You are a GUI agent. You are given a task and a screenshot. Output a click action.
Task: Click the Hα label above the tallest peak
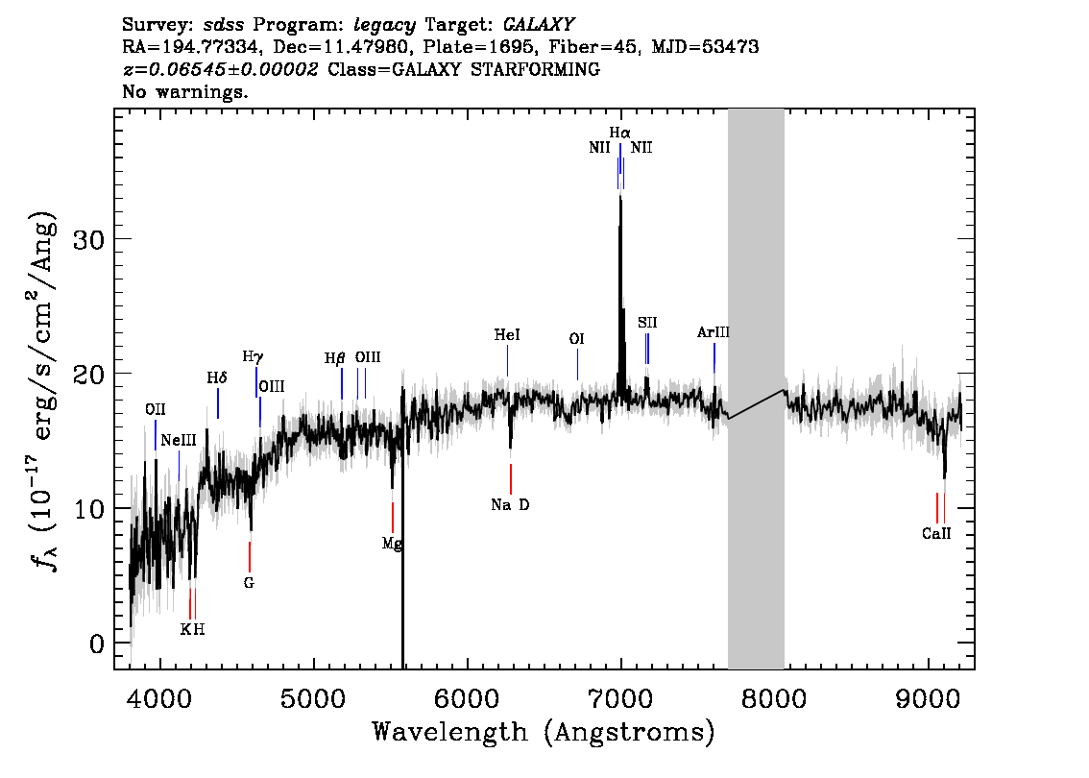pyautogui.click(x=620, y=133)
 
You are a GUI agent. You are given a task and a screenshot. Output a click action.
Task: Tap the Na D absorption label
pyautogui.click(x=511, y=505)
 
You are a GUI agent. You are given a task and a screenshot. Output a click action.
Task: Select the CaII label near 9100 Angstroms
pyautogui.click(x=936, y=533)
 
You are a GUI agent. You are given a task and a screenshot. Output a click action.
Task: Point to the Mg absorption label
pyautogui.click(x=392, y=544)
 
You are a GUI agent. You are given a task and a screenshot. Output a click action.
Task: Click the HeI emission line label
pyautogui.click(x=507, y=335)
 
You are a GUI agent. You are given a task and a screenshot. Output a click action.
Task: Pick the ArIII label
pyautogui.click(x=714, y=332)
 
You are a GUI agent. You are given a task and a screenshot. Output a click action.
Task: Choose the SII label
pyautogui.click(x=647, y=323)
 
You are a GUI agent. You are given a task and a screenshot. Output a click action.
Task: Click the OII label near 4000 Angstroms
pyautogui.click(x=156, y=409)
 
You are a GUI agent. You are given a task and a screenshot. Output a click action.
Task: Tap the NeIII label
pyautogui.click(x=179, y=441)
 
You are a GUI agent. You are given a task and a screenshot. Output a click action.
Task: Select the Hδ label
pyautogui.click(x=217, y=377)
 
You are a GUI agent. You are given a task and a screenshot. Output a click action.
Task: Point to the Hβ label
pyautogui.click(x=335, y=358)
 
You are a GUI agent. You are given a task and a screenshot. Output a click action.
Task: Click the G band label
pyautogui.click(x=249, y=583)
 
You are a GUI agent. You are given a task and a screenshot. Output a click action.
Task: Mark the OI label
pyautogui.click(x=576, y=339)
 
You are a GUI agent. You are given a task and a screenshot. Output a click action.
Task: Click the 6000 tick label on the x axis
pyautogui.click(x=468, y=698)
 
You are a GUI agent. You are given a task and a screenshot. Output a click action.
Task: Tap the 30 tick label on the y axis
pyautogui.click(x=89, y=240)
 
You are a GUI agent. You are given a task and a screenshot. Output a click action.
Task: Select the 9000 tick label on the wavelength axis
pyautogui.click(x=928, y=698)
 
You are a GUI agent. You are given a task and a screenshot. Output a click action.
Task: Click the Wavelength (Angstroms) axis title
pyautogui.click(x=544, y=732)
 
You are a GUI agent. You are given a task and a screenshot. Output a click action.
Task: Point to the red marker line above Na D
pyautogui.click(x=511, y=479)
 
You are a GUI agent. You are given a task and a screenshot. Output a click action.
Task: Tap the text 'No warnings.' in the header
pyautogui.click(x=184, y=91)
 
